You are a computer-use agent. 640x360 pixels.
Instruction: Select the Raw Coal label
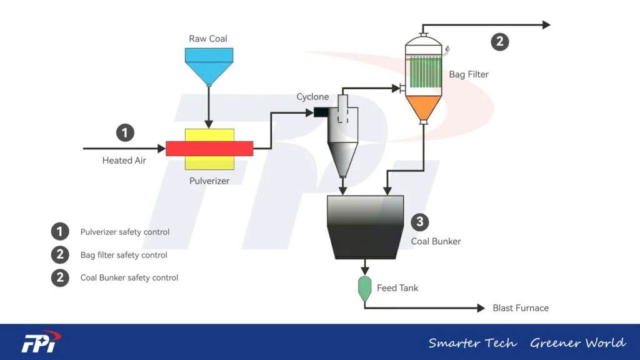pos(208,39)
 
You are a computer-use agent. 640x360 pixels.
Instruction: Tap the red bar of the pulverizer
pos(209,148)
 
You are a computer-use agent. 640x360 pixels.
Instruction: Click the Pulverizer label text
pos(209,181)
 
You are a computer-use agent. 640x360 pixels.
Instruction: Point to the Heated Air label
pos(124,161)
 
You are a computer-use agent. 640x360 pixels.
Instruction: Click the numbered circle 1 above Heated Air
pos(126,132)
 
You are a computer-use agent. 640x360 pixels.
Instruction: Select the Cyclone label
pos(312,97)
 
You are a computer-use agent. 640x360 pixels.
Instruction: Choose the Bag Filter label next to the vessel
pos(469,74)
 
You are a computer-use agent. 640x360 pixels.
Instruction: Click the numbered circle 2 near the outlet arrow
pos(499,42)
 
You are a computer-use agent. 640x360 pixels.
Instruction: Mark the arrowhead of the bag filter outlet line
pos(546,25)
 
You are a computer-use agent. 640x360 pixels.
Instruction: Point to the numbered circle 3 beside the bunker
pos(420,222)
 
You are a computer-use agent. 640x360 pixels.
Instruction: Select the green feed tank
pos(365,288)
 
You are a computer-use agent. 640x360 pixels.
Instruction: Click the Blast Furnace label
pos(521,308)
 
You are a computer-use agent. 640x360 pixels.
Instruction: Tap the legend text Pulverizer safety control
pos(125,232)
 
